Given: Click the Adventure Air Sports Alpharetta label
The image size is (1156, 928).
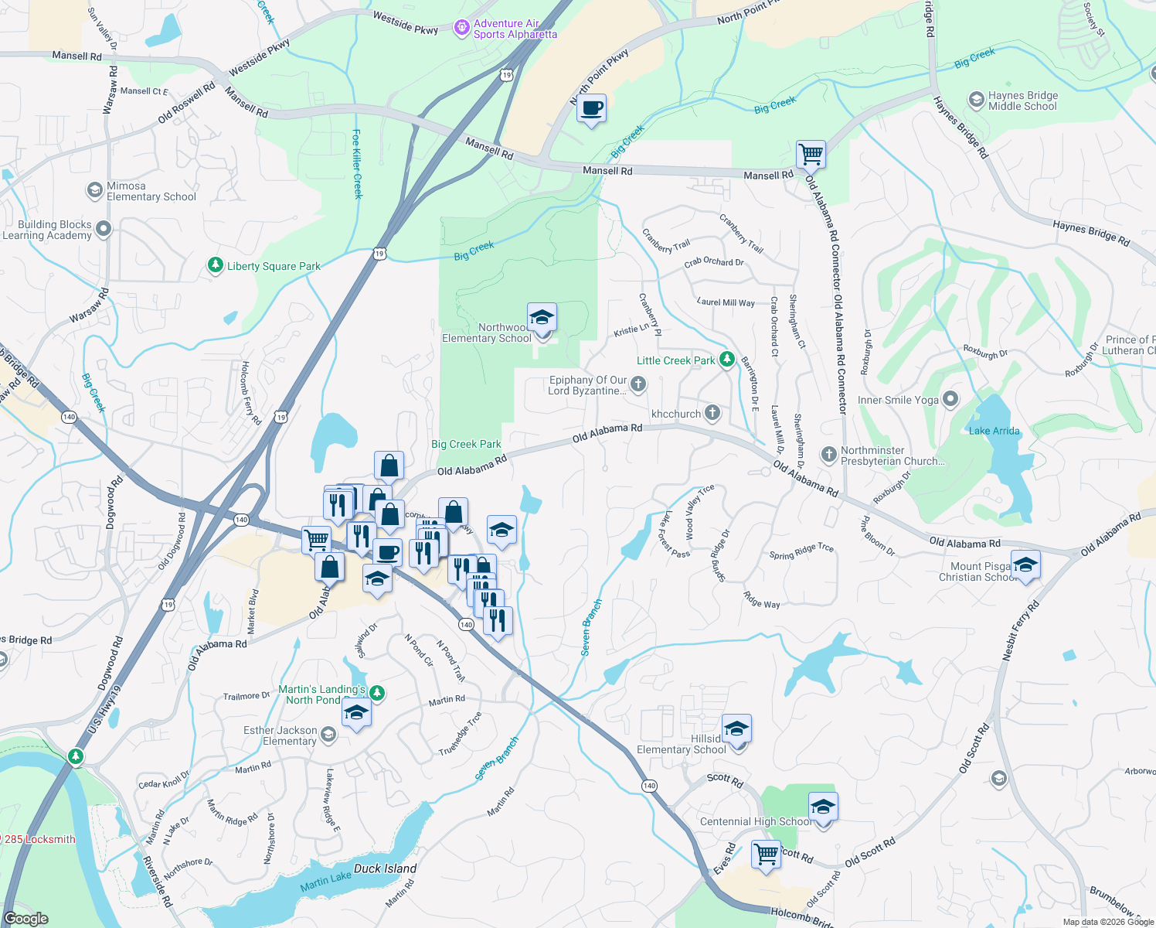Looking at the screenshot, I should [x=515, y=29].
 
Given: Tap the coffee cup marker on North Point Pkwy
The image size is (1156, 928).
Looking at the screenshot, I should [x=591, y=109].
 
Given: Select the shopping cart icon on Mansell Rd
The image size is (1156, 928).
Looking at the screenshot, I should [x=811, y=154].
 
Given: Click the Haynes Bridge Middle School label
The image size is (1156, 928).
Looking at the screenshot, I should [x=1022, y=101].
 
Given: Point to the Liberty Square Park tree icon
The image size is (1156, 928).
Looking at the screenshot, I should [x=216, y=266].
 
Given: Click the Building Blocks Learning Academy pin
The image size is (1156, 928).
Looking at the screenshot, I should [x=104, y=229].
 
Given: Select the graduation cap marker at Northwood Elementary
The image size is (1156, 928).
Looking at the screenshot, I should [x=542, y=318].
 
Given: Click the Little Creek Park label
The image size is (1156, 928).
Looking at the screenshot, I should [x=675, y=360].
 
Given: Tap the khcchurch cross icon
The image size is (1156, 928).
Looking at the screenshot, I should [x=712, y=413].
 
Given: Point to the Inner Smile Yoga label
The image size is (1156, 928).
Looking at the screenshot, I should [x=898, y=400].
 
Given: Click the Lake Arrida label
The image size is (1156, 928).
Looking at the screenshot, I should [x=994, y=431].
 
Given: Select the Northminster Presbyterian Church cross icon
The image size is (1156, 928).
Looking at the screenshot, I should [x=828, y=454].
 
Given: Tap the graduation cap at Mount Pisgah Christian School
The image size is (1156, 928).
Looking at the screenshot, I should [x=1025, y=565].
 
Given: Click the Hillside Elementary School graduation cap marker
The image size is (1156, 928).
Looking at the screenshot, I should [x=736, y=728].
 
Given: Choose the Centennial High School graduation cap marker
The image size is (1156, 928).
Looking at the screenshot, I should [x=823, y=807].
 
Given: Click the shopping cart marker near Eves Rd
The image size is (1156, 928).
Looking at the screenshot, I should [x=766, y=855].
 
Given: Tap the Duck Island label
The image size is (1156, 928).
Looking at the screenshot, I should [x=385, y=868].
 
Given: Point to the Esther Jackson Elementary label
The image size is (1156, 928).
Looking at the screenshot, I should [x=280, y=735].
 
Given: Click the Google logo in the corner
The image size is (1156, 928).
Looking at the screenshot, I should [x=26, y=919].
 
